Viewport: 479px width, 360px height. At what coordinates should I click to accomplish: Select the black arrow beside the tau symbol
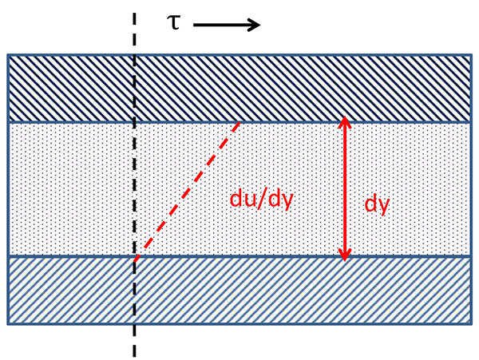[x=227, y=25]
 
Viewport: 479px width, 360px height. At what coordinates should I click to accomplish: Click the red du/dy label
[x=262, y=199]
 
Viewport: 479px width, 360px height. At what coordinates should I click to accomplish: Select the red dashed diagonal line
[x=188, y=189]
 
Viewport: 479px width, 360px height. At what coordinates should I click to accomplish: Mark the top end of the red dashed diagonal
[x=240, y=123]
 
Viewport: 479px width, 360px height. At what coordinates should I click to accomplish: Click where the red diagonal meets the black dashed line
[x=135, y=259]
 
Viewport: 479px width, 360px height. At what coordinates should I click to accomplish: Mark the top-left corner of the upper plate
[x=8, y=55]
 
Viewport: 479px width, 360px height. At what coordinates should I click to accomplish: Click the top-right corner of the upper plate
[x=470, y=55]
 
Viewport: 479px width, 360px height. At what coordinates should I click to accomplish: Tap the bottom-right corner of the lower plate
[x=470, y=323]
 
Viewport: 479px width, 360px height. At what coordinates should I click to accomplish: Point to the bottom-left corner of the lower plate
[x=8, y=323]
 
